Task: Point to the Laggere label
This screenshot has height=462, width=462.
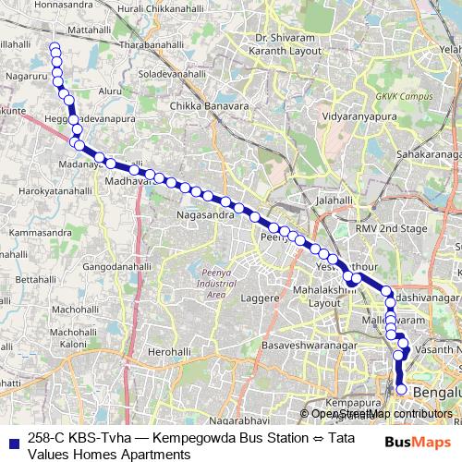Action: (260, 298)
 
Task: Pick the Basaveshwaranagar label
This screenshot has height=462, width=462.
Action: (309, 345)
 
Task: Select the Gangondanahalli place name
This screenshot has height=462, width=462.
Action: (115, 266)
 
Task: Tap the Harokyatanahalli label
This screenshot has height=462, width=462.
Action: (55, 190)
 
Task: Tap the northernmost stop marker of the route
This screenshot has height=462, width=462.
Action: (55, 47)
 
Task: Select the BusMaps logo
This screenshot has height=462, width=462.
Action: (417, 442)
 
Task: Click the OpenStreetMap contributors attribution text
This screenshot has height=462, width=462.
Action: (381, 413)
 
